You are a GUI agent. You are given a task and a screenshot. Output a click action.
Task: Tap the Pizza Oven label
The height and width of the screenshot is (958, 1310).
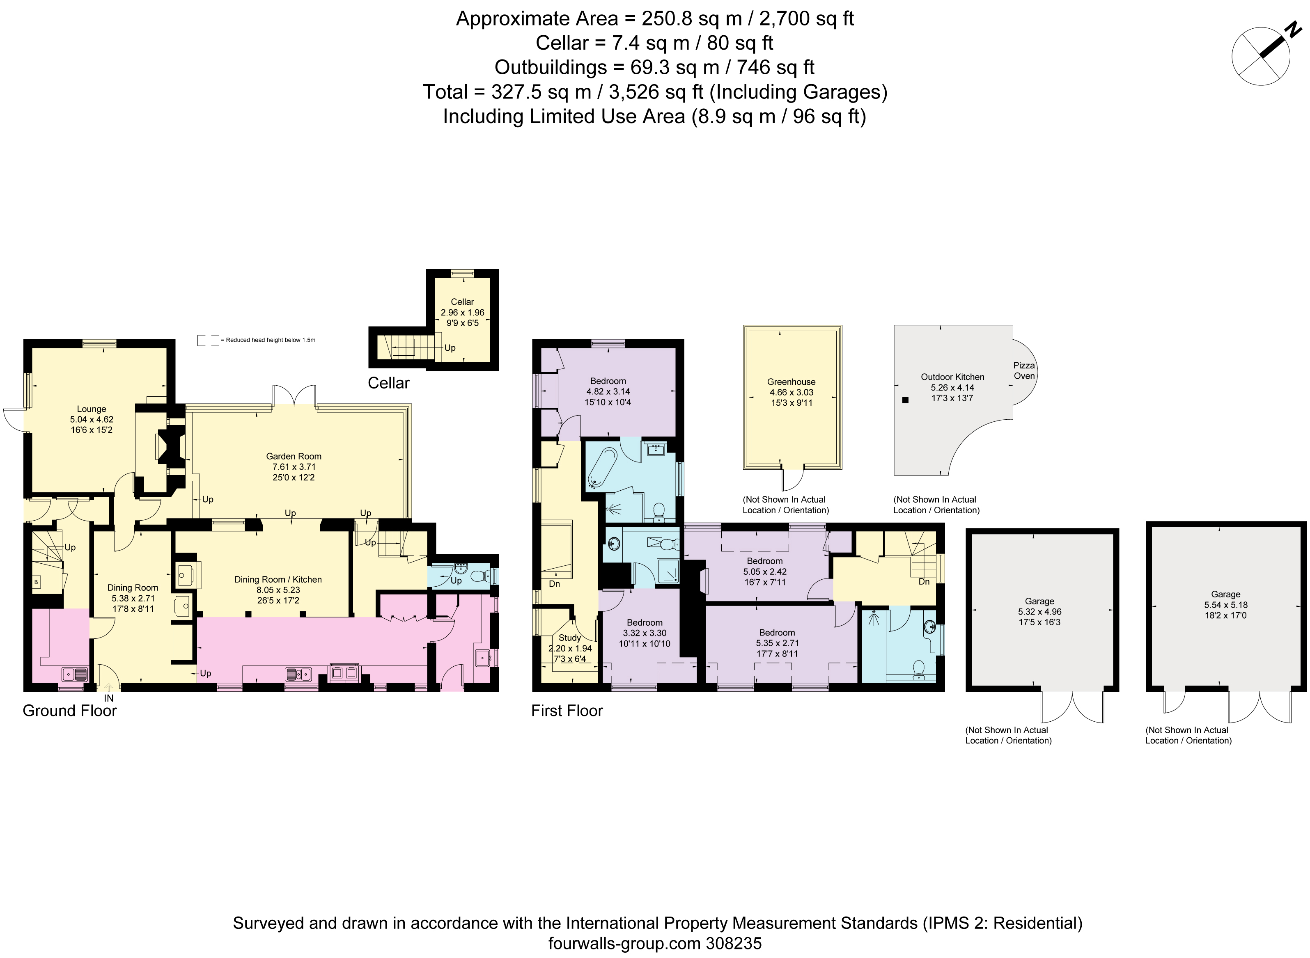pos(1024,370)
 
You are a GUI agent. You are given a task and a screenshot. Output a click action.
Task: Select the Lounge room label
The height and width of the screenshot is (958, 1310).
pos(91,409)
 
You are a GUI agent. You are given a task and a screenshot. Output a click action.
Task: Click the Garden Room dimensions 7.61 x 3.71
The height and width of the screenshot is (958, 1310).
pos(294,467)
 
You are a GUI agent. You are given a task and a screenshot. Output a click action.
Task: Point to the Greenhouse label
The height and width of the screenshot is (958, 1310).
pos(792,382)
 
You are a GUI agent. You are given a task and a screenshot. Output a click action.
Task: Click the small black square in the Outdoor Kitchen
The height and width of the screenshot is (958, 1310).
pos(905,400)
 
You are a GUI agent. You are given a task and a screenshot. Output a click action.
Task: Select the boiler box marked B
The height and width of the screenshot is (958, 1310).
pos(36,582)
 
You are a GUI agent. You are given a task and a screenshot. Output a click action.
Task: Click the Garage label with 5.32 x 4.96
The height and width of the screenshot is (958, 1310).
pos(1039,601)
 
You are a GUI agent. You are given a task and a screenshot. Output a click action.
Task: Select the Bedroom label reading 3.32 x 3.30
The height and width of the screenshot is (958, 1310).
pos(644,622)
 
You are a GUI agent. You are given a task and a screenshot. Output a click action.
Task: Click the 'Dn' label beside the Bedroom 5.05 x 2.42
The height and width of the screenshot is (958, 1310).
pos(924,582)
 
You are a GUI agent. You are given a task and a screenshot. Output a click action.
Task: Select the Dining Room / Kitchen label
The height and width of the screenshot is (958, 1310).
pos(278,579)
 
